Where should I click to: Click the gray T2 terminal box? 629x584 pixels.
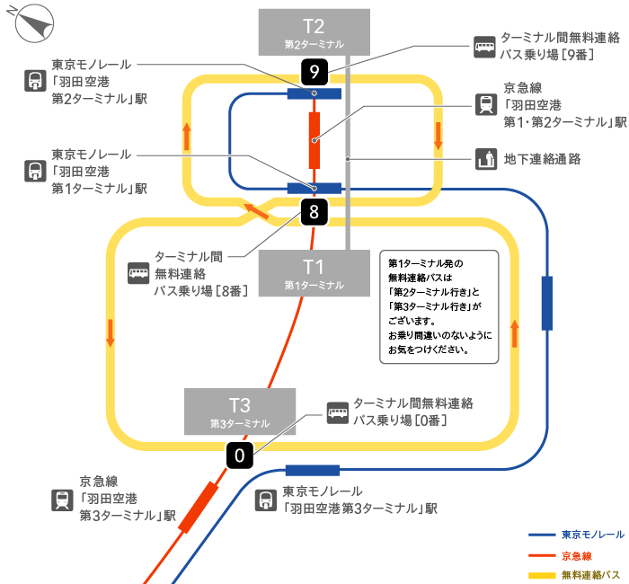coord(313,31)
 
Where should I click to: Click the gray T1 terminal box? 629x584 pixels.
coord(313,271)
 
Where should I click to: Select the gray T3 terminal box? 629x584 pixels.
coord(240,411)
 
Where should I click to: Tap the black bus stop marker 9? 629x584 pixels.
coord(314,71)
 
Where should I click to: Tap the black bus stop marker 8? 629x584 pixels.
coord(314,213)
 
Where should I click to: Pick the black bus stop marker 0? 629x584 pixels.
coord(239,456)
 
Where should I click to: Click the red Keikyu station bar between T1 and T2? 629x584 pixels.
coord(314,140)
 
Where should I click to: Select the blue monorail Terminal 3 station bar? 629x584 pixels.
coord(312,470)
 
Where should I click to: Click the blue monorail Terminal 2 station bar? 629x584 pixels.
coord(314,93)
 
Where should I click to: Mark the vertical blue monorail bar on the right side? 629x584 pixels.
coord(546,304)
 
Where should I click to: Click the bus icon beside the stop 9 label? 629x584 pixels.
coord(485,45)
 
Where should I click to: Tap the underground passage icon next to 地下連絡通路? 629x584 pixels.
coord(485,159)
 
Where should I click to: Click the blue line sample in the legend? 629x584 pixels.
coord(542,535)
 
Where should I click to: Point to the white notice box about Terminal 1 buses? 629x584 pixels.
coord(439,306)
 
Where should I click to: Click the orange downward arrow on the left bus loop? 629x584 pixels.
coord(111,332)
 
